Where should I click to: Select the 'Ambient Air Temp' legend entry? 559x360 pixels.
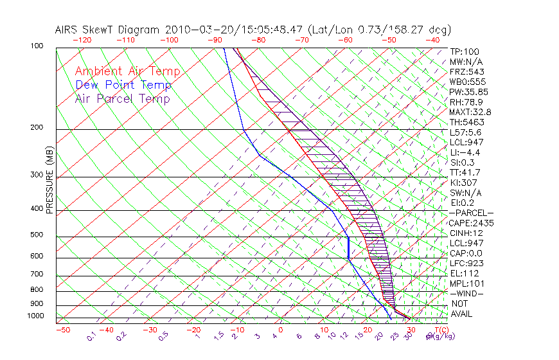(x=127, y=71)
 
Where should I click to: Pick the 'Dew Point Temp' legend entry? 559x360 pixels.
(x=123, y=85)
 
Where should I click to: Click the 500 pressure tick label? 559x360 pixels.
(x=37, y=236)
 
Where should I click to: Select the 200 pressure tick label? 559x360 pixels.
(x=37, y=128)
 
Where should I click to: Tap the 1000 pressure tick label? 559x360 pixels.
(x=35, y=316)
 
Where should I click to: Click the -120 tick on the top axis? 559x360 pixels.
(x=82, y=40)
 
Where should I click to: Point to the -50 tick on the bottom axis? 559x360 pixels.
(x=63, y=330)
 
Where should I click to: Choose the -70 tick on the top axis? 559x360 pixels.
(x=301, y=40)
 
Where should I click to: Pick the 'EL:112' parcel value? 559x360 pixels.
(x=464, y=273)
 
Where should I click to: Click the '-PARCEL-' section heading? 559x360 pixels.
(x=472, y=213)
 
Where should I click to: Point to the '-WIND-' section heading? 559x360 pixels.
(x=467, y=293)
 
